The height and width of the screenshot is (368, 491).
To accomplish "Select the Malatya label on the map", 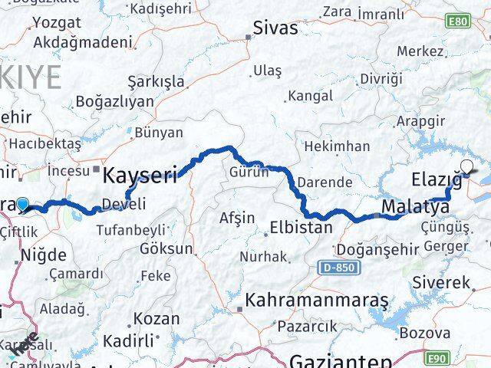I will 415,207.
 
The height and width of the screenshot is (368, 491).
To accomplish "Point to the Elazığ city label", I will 437,181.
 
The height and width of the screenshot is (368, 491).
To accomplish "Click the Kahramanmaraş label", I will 317,301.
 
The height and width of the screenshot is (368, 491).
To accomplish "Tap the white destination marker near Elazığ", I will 466,165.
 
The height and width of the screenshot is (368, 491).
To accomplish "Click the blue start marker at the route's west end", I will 23,205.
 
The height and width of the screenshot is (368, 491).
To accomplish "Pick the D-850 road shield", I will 334,266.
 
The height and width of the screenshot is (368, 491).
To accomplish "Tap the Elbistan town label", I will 302,228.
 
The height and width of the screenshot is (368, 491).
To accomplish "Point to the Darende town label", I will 325,182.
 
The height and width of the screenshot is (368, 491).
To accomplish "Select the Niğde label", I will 44,255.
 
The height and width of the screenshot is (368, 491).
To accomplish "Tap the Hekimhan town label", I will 337,146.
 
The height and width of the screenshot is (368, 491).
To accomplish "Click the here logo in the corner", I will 24,346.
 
